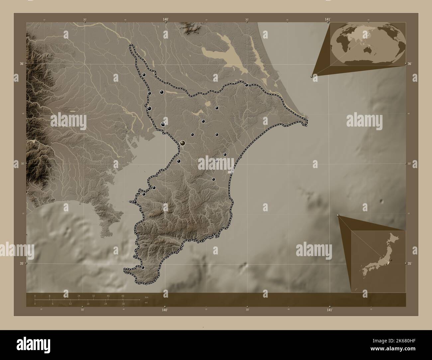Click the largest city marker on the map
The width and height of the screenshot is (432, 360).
pyautogui.click(x=182, y=143)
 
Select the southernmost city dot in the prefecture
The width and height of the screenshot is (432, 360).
pyautogui.click(x=143, y=267)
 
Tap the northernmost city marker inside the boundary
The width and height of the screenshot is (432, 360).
pyautogui.click(x=144, y=75)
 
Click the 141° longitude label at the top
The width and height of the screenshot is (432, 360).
pyautogui.click(x=328, y=20)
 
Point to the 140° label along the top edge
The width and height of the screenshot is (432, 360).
pyautogui.click(x=165, y=20)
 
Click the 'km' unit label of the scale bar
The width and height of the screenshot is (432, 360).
pyautogui.click(x=147, y=297)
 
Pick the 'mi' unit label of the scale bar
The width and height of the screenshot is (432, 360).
pyautogui.click(x=146, y=303)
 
